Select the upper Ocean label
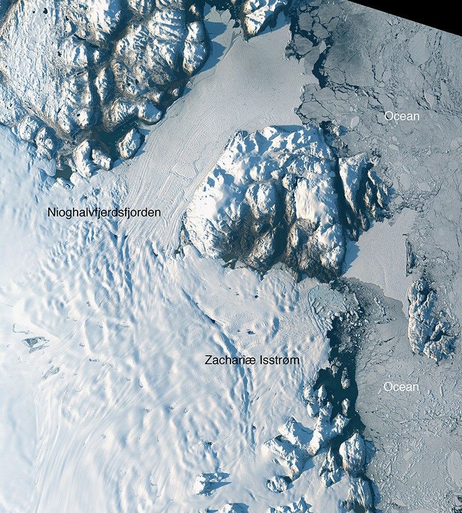402,116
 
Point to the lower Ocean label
401,387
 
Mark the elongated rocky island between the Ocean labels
428,318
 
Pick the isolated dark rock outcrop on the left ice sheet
35,343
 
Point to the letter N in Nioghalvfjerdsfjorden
52,213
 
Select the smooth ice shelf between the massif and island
376,252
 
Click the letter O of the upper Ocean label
389,116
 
